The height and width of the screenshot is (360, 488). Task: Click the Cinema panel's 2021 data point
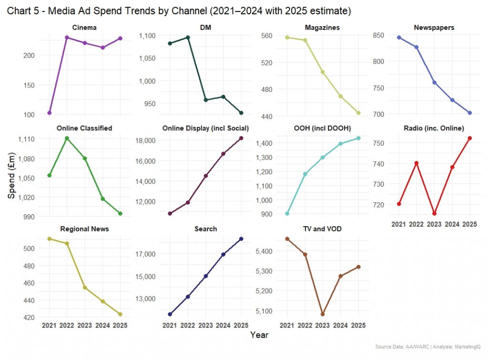pos(49,113)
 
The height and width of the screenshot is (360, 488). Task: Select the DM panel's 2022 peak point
pos(188,37)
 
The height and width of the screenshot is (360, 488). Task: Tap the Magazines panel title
pos(322,28)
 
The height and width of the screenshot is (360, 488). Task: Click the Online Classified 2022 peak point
pos(67,138)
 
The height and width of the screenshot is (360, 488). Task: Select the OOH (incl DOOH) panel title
pos(322,128)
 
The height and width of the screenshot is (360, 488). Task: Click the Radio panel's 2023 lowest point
pos(434,214)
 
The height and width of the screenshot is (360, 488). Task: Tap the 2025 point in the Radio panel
pos(469,138)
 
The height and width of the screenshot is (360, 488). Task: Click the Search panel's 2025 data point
pos(241,239)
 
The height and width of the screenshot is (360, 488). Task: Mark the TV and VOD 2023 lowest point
pos(323,314)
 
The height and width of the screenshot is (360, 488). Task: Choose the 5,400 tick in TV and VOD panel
pos(269,251)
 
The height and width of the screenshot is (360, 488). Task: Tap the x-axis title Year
pos(259,335)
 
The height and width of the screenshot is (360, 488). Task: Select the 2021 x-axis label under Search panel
pos(169,325)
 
